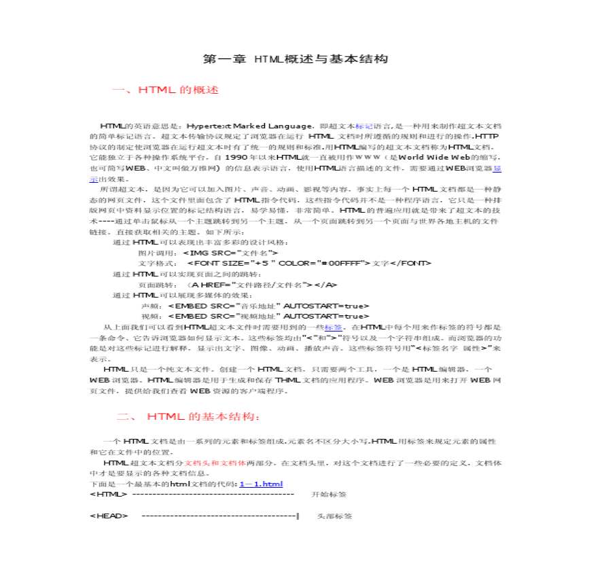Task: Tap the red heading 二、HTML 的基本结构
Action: click(x=187, y=416)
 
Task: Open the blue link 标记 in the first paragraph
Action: click(x=364, y=126)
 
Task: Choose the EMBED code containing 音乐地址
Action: click(x=268, y=306)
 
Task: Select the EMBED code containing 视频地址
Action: click(x=268, y=317)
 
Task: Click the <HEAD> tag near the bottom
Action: click(x=109, y=516)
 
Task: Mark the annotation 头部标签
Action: click(x=335, y=516)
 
